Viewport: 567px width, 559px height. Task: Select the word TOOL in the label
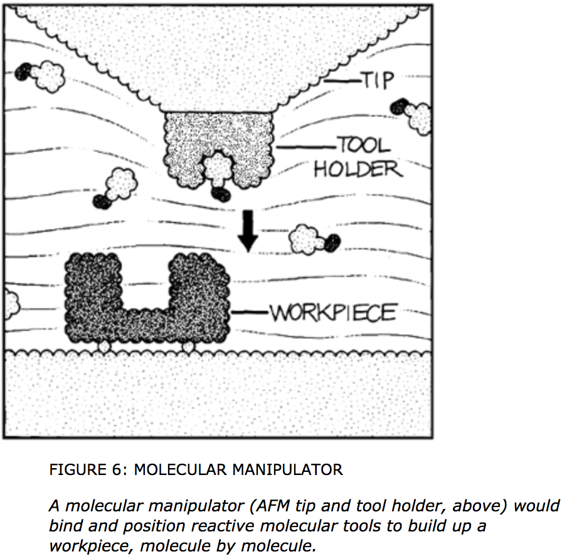[x=364, y=146]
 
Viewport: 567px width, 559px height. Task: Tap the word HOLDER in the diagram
[x=358, y=169]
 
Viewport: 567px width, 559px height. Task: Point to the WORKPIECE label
[x=332, y=311]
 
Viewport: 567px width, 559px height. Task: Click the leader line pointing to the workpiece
[x=250, y=311]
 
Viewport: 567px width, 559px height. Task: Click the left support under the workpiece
[x=102, y=346]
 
